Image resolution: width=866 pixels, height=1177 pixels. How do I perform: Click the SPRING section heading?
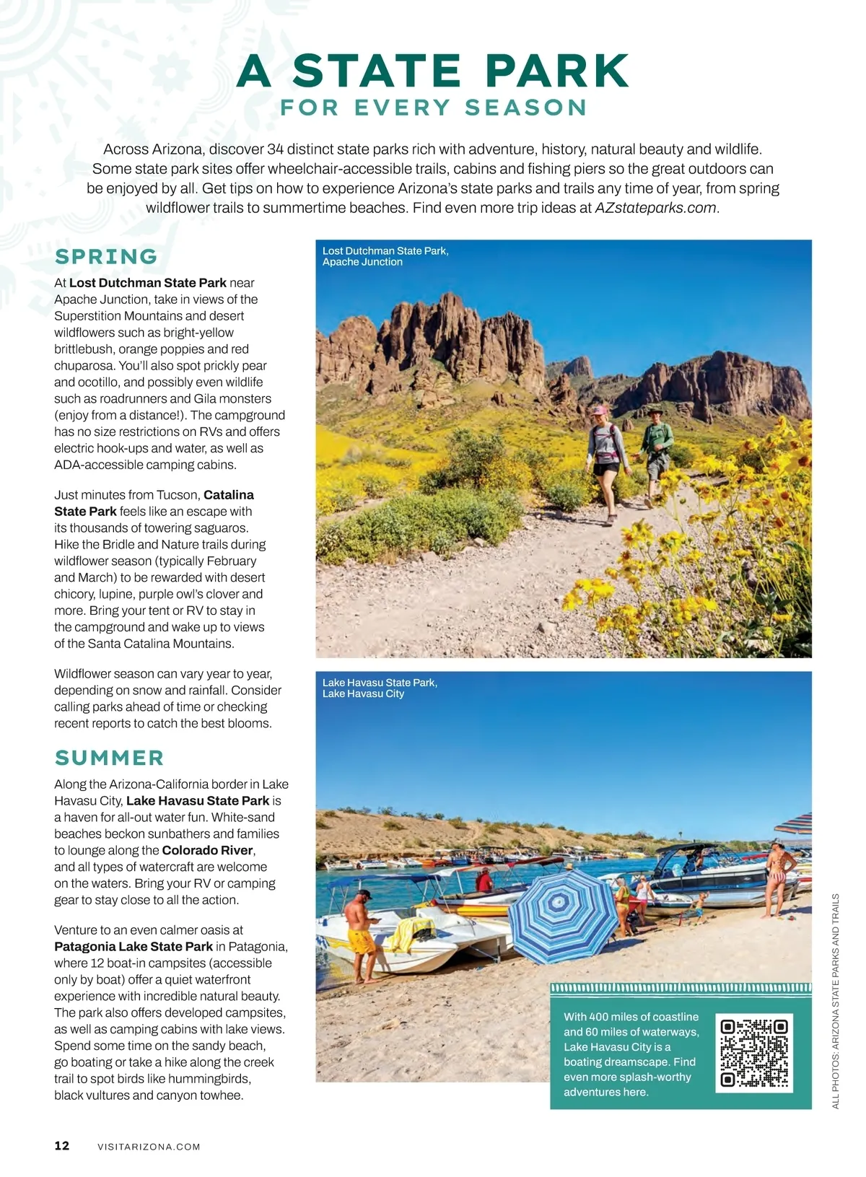pyautogui.click(x=106, y=256)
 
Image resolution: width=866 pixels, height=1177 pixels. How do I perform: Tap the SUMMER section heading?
pyautogui.click(x=110, y=758)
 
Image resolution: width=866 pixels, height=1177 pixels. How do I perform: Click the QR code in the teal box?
pyautogui.click(x=754, y=1052)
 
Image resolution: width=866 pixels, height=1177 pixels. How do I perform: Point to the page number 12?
pyautogui.click(x=62, y=1145)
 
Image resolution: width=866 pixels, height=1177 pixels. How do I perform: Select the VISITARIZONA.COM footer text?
pyautogui.click(x=149, y=1147)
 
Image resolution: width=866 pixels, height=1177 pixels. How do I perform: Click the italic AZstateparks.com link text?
pyautogui.click(x=655, y=208)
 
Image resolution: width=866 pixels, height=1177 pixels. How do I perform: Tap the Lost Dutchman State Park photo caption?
pyautogui.click(x=385, y=256)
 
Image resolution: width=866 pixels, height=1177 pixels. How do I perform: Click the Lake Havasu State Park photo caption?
pyautogui.click(x=380, y=688)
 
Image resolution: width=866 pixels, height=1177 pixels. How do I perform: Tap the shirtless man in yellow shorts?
pyautogui.click(x=361, y=931)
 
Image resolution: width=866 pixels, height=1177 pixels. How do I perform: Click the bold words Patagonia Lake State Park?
pyautogui.click(x=134, y=946)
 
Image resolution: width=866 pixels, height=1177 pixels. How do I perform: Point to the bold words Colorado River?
pyautogui.click(x=207, y=850)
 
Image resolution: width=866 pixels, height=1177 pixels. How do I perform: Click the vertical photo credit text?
pyautogui.click(x=836, y=1001)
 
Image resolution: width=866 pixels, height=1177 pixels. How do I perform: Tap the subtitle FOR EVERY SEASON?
pyautogui.click(x=433, y=108)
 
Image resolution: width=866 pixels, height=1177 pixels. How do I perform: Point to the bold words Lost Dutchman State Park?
pyautogui.click(x=148, y=283)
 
